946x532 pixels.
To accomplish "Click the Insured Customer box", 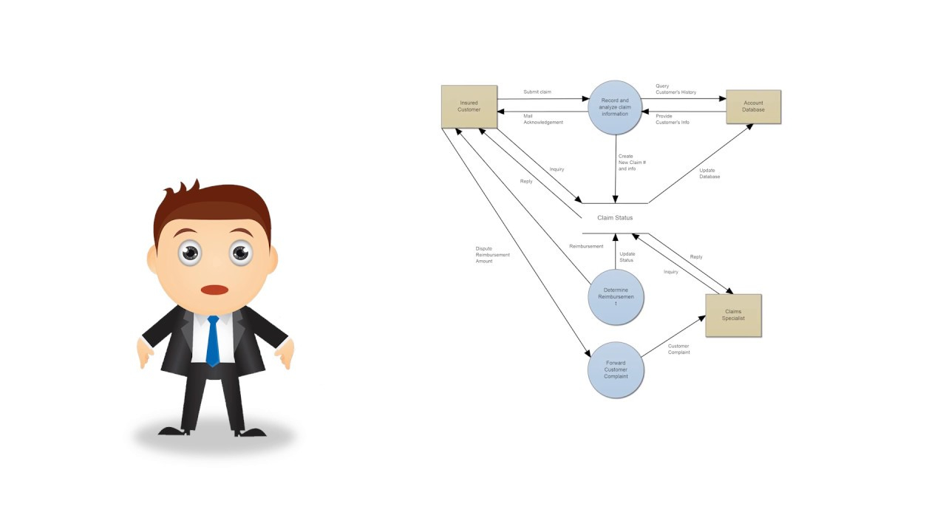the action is coord(469,106).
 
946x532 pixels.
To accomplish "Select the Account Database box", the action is coord(753,107).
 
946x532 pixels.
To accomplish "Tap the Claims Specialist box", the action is coord(734,316).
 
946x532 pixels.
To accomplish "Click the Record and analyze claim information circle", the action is coord(615,107).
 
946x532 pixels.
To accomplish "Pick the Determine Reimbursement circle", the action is coord(616,297).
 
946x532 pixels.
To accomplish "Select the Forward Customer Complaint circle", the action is coord(616,370).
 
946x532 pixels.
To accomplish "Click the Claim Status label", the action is coord(615,218).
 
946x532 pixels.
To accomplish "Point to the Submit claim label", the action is coord(537,92).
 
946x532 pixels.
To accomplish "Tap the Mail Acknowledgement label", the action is coord(543,119).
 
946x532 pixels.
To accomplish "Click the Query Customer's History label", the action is coord(676,89).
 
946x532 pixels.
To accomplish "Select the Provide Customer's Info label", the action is coord(673,119).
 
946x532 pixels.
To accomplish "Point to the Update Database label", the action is coord(709,174).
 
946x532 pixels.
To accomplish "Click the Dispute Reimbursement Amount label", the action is coord(492,255).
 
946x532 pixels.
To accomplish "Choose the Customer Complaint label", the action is coord(678,349).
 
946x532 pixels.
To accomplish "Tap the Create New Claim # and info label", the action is coord(632,163).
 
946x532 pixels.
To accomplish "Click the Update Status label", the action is coord(627,257).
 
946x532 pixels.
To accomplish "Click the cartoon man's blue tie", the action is coord(213,341).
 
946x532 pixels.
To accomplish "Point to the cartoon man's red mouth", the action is coord(214,290).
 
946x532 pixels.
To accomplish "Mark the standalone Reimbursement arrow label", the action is coord(586,246).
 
